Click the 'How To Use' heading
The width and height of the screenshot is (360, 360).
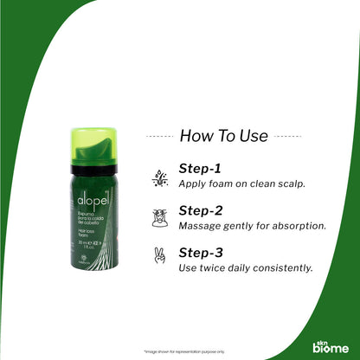tap(223, 135)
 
